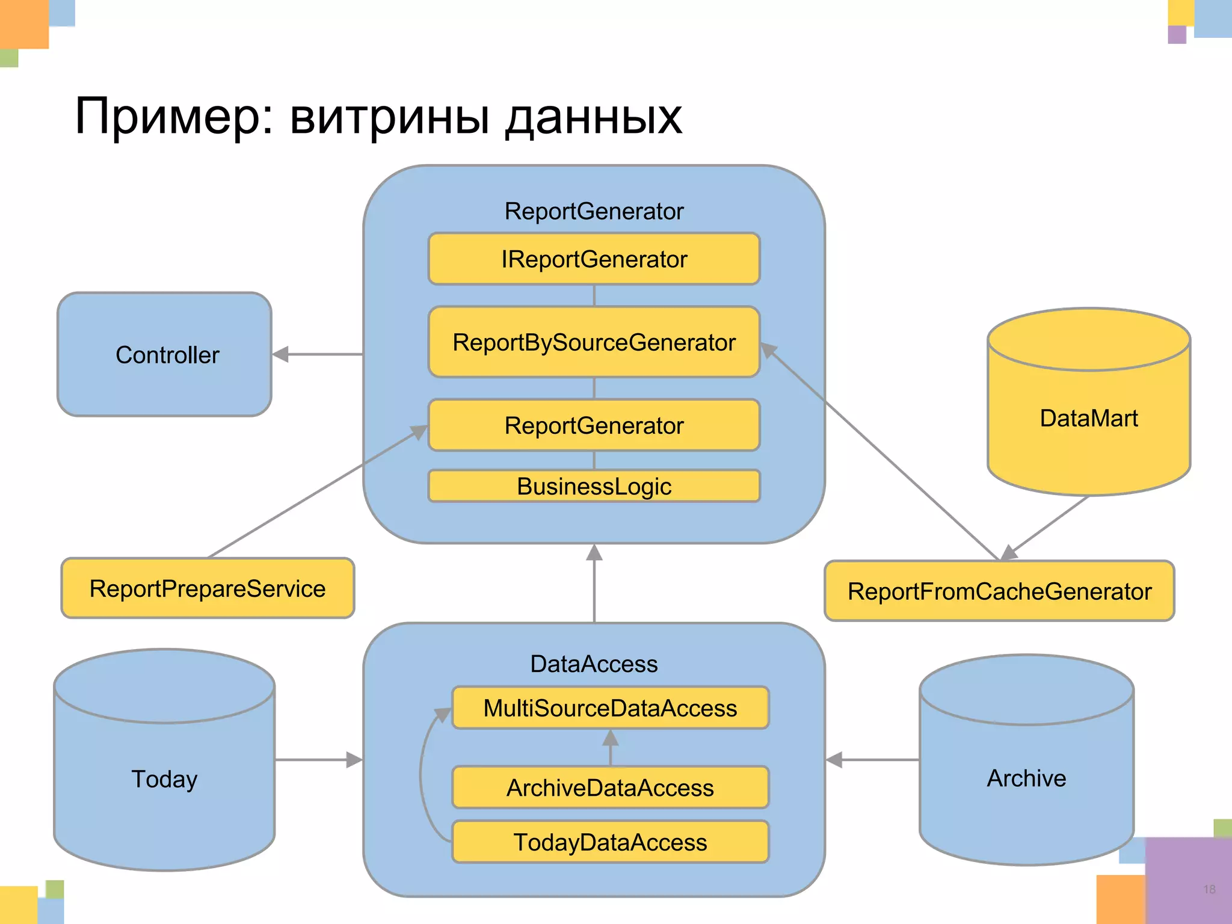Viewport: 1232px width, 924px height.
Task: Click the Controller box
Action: (x=164, y=354)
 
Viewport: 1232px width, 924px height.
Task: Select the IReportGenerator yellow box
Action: (x=594, y=259)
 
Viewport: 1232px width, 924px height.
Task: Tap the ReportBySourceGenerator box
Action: (x=594, y=342)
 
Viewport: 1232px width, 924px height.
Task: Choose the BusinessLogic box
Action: (x=594, y=486)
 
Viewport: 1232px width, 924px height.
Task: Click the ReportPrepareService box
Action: (x=208, y=588)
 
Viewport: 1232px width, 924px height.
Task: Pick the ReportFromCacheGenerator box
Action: (x=999, y=591)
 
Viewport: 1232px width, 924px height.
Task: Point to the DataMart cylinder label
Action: (x=1088, y=418)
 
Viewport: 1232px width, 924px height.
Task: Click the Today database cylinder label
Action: (x=164, y=779)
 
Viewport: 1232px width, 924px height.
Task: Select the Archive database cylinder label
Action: (x=1026, y=778)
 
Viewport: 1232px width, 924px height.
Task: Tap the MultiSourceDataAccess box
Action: (x=610, y=708)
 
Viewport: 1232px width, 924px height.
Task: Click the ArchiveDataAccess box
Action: (x=610, y=787)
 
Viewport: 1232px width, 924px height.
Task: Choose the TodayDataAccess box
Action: (x=610, y=842)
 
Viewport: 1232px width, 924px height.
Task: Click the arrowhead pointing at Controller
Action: (x=280, y=354)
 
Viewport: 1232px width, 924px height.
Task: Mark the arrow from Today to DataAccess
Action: (x=319, y=760)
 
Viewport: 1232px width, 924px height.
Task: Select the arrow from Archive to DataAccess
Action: (x=872, y=760)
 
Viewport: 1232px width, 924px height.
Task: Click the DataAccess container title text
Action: (x=594, y=664)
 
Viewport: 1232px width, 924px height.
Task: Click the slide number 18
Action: (x=1209, y=889)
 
